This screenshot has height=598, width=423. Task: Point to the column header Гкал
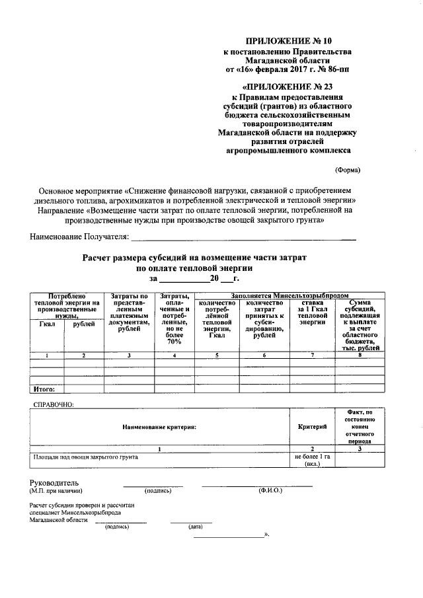(47, 324)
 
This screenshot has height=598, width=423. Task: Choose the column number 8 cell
(360, 356)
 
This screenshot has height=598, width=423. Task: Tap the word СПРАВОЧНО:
(54, 404)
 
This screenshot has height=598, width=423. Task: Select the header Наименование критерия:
(159, 428)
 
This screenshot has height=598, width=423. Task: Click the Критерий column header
(312, 428)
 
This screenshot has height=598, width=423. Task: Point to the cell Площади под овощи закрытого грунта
(85, 457)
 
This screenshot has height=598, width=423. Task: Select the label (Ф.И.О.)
(270, 491)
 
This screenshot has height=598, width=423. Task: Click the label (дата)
(195, 527)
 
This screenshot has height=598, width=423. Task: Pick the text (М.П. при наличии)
(56, 491)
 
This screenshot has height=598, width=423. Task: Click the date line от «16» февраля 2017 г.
(286, 68)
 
